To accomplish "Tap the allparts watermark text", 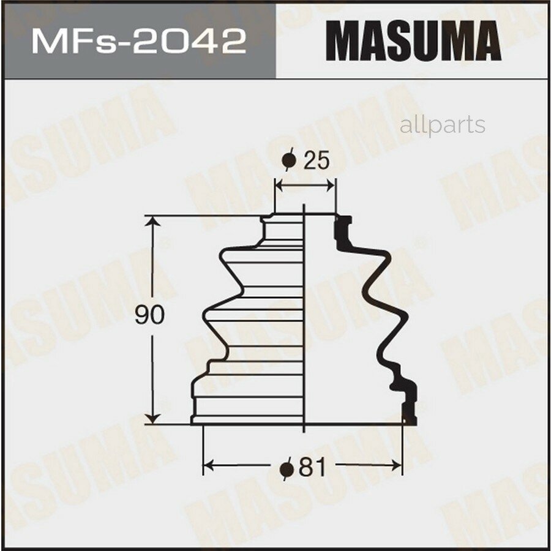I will pos(442,126).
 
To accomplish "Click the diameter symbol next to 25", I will pos(290,161).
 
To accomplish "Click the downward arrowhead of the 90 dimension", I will pos(153,419).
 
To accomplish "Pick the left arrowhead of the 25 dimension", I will pos(279,184).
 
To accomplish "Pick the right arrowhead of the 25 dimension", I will pos(331,184).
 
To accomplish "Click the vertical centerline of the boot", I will pos(304,318).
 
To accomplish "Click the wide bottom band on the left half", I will pos(248,408).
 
